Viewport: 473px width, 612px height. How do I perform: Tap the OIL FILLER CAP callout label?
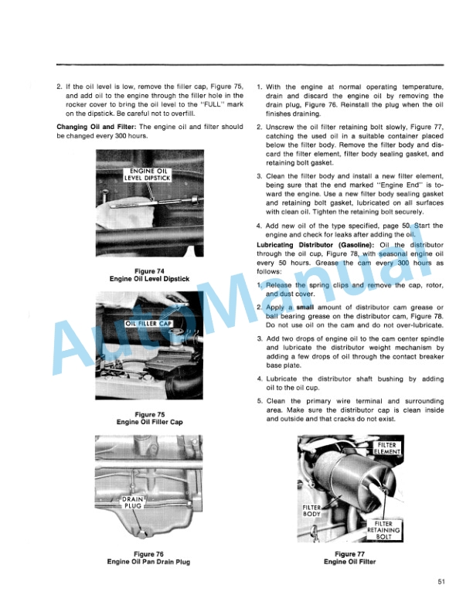(x=152, y=323)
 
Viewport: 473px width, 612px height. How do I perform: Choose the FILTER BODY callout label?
(x=312, y=511)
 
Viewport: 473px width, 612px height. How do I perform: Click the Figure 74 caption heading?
(x=149, y=270)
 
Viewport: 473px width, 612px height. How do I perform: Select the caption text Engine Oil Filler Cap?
(x=149, y=423)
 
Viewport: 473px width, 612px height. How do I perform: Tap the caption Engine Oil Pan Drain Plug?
(x=149, y=562)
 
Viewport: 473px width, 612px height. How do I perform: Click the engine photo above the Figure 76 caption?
(x=149, y=488)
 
